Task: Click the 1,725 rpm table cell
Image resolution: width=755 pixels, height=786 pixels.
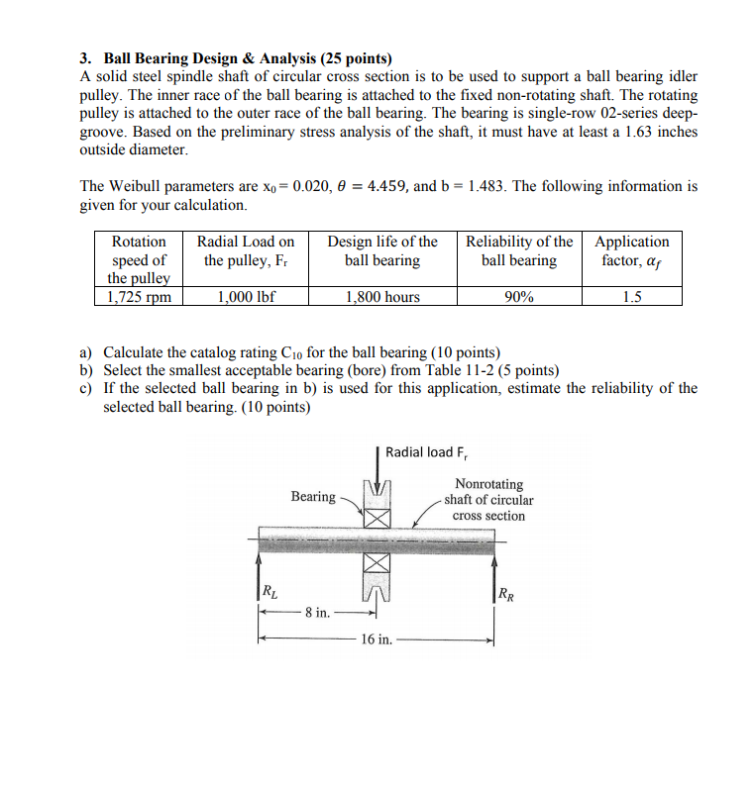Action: pyautogui.click(x=139, y=297)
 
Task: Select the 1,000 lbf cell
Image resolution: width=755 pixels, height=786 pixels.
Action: pyautogui.click(x=246, y=297)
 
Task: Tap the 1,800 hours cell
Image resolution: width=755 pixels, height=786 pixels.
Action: pyautogui.click(x=382, y=297)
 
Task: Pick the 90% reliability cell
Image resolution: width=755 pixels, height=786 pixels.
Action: pyautogui.click(x=518, y=297)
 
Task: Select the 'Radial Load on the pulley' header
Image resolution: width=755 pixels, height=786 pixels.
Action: pyautogui.click(x=246, y=251)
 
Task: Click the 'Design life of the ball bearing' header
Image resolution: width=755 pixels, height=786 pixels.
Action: pyautogui.click(x=382, y=251)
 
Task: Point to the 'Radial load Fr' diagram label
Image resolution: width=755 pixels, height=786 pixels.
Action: pyautogui.click(x=427, y=452)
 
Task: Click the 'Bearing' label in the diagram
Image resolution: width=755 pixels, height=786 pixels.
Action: pyautogui.click(x=312, y=496)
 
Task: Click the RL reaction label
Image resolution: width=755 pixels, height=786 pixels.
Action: pyautogui.click(x=270, y=592)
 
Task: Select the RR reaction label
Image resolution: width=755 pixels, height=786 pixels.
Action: pyautogui.click(x=505, y=594)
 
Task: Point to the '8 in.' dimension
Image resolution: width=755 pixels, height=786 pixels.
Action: pyautogui.click(x=317, y=613)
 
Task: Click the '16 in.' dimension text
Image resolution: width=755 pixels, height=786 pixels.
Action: pyautogui.click(x=377, y=639)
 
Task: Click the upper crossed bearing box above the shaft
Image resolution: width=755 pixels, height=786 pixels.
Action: pyautogui.click(x=377, y=518)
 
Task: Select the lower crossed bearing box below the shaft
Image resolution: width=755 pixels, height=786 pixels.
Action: pyautogui.click(x=377, y=562)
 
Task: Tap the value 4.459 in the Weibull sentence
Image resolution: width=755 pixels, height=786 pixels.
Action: pyautogui.click(x=367, y=186)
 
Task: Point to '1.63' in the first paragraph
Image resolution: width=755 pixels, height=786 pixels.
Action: pyautogui.click(x=615, y=132)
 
